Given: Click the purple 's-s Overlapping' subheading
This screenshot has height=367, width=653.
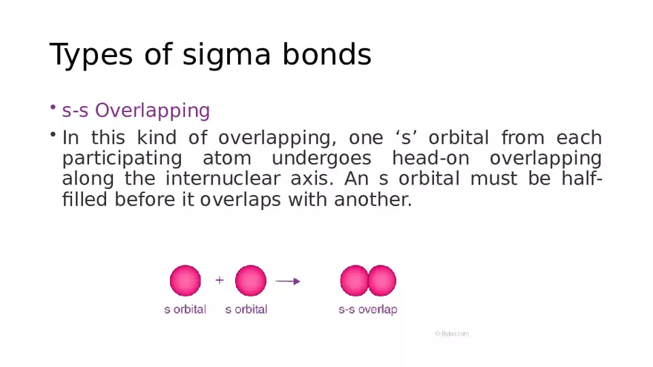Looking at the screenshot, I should (136, 111).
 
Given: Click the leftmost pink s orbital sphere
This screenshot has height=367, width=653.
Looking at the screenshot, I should (185, 281).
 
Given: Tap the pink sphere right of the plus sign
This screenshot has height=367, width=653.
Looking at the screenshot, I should (250, 281).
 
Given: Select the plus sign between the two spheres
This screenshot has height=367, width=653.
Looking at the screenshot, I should (219, 280).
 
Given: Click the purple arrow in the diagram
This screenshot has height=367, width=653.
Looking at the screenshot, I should (288, 281).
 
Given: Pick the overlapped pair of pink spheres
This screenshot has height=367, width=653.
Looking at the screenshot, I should (368, 281).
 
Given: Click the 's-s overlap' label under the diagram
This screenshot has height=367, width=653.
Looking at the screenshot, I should (367, 310).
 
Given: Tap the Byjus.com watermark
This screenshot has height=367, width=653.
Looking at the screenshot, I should (451, 334).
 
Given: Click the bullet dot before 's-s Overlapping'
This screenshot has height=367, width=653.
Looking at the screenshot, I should (53, 109).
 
